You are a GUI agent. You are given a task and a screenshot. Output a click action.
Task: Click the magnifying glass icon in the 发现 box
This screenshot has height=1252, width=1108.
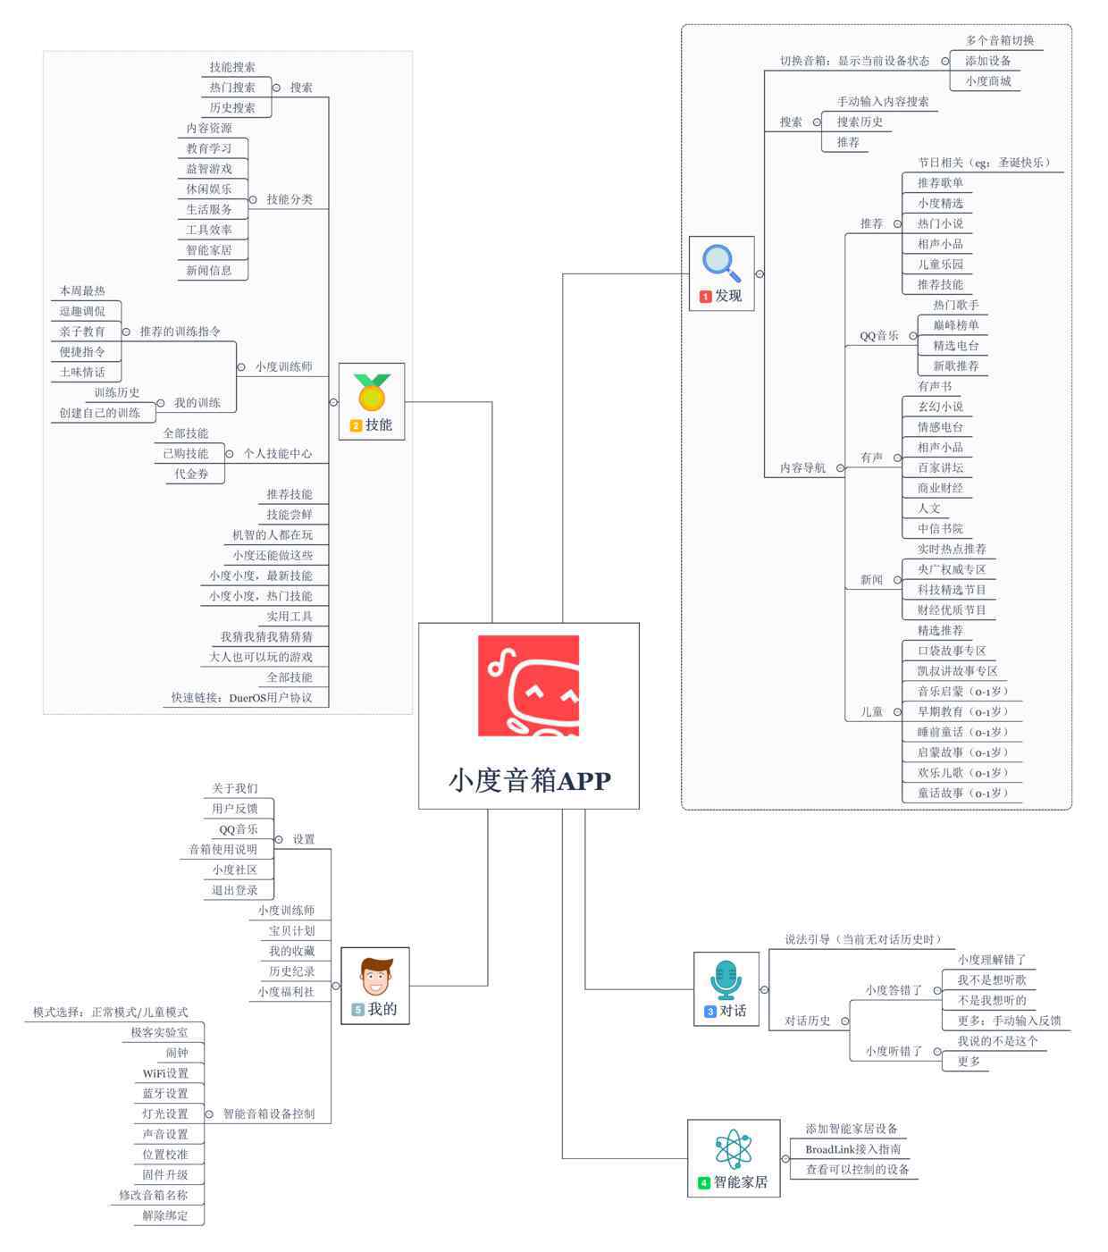(x=720, y=264)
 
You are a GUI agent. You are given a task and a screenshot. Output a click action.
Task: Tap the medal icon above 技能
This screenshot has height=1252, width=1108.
(x=372, y=392)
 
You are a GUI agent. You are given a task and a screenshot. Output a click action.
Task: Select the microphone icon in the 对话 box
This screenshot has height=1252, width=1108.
(x=725, y=979)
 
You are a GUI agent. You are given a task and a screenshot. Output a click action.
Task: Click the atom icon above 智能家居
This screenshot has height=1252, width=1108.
(x=733, y=1148)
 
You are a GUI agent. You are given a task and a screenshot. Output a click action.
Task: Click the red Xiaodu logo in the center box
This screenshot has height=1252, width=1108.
(x=528, y=685)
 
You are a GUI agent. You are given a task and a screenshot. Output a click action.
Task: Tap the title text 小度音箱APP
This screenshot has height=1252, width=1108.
(x=530, y=780)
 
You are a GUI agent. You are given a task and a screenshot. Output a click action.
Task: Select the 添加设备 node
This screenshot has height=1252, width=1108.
(x=987, y=61)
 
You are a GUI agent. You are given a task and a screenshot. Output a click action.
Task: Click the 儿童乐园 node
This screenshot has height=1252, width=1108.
(x=940, y=264)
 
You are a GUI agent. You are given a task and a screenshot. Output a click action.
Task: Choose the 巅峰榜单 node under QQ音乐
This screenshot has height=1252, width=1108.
(x=955, y=325)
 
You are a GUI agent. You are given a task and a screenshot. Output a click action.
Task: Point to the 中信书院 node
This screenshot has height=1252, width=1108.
(x=940, y=528)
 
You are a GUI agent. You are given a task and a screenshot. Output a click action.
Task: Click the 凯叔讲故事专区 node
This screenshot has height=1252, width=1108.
(x=957, y=670)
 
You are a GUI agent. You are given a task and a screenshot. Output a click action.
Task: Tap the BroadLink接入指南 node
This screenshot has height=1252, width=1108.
(x=852, y=1149)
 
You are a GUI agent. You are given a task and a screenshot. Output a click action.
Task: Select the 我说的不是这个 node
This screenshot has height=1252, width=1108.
(x=997, y=1041)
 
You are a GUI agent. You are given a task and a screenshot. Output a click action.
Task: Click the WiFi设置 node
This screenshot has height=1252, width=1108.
(x=165, y=1072)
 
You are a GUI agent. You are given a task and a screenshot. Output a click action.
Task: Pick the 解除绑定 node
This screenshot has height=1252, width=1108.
(x=165, y=1215)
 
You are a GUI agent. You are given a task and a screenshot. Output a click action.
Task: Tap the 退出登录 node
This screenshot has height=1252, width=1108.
(x=234, y=890)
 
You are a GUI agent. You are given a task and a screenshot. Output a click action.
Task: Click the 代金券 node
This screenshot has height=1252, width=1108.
(x=191, y=474)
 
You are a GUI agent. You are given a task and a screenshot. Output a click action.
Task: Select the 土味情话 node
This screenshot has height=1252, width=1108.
(x=82, y=372)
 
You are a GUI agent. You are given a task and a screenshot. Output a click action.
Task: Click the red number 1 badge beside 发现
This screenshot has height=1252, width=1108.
(x=705, y=297)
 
